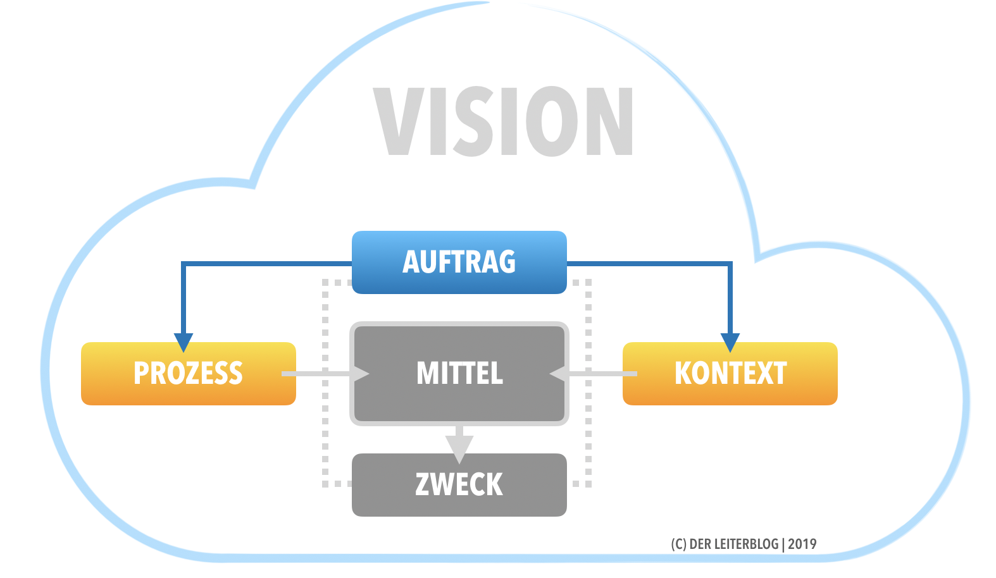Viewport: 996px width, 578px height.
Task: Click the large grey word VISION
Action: pyautogui.click(x=503, y=121)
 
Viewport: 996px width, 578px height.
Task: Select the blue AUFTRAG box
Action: pyautogui.click(x=459, y=262)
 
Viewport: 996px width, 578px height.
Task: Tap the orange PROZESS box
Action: pyautogui.click(x=188, y=373)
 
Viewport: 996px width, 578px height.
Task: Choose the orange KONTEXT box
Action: pyautogui.click(x=730, y=373)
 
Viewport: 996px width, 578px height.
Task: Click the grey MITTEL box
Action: pyautogui.click(x=459, y=373)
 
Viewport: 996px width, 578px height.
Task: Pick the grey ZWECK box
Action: pyautogui.click(x=459, y=485)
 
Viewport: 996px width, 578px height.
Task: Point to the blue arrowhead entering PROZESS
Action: pyautogui.click(x=184, y=342)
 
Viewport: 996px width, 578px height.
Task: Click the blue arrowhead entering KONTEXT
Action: pyautogui.click(x=730, y=342)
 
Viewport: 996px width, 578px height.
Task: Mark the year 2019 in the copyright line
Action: pyautogui.click(x=802, y=544)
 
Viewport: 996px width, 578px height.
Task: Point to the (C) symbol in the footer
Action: pyautogui.click(x=678, y=544)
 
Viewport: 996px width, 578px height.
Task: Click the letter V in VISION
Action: pyautogui.click(x=399, y=121)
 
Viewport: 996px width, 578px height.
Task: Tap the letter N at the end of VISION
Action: pyautogui.click(x=609, y=121)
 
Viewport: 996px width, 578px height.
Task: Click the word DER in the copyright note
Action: pyautogui.click(x=700, y=544)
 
